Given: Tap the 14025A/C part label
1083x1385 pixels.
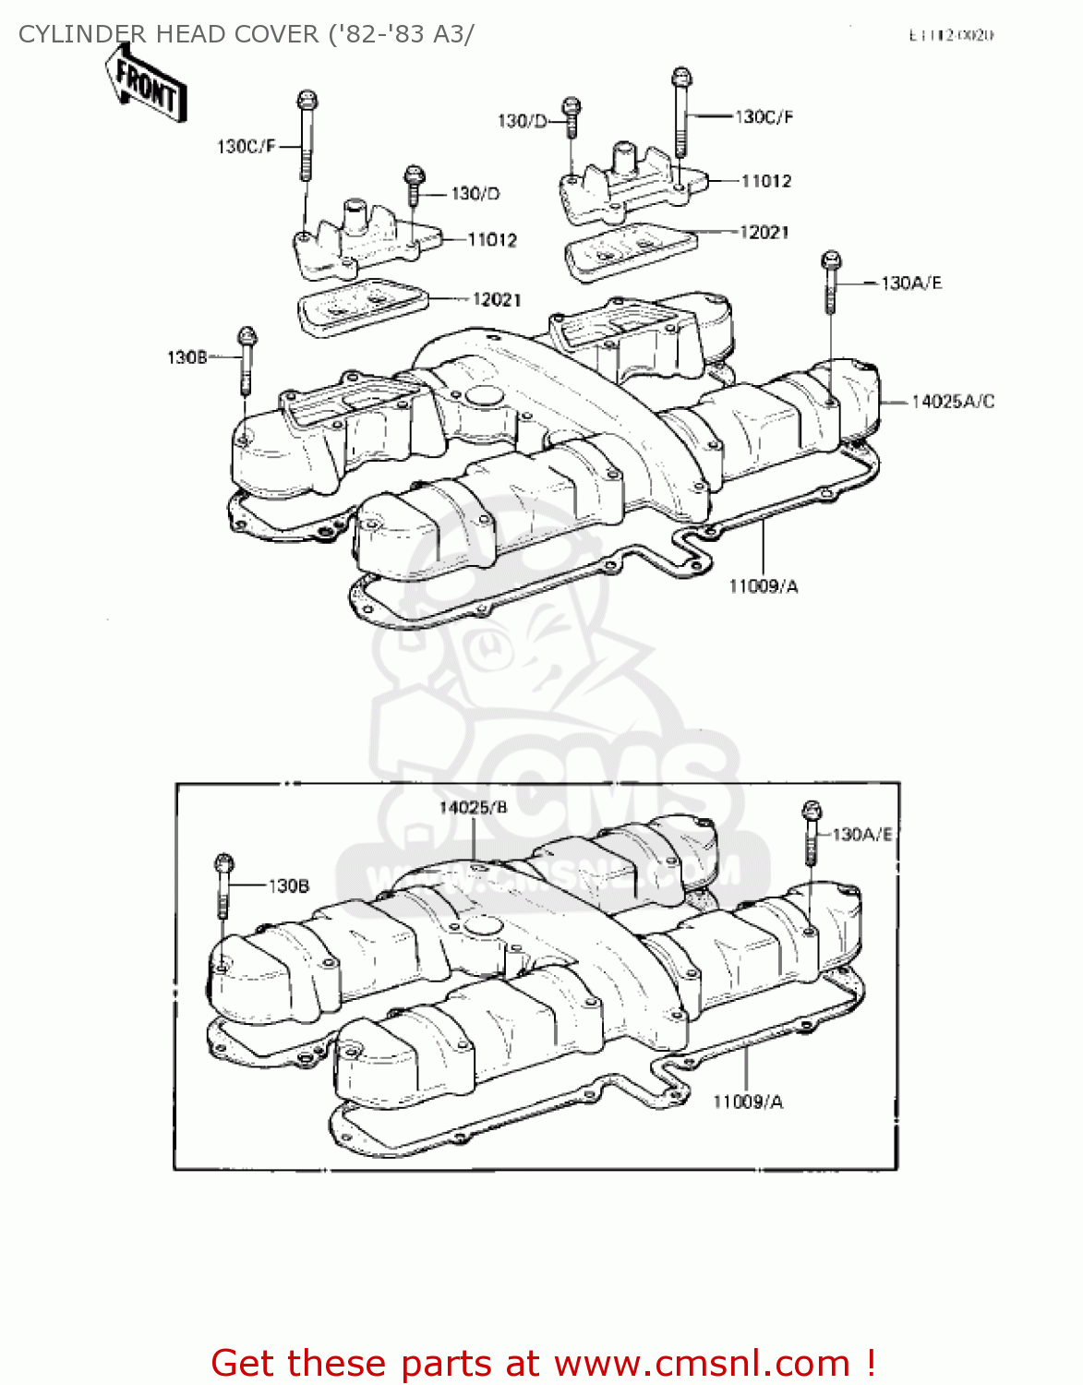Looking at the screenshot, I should [952, 402].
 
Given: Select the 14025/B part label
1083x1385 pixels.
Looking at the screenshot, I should [473, 808].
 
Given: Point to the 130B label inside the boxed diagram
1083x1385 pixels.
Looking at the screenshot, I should [288, 886].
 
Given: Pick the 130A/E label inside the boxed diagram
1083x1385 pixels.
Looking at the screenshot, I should [862, 835].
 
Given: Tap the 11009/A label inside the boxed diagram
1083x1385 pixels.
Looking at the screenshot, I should [747, 1102].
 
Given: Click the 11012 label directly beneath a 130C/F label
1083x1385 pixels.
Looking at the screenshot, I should [765, 181].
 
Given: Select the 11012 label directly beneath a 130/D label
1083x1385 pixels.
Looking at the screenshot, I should [492, 240].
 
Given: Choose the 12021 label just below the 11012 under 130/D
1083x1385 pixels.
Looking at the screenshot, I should [497, 300].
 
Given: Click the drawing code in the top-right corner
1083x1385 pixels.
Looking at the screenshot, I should [951, 36].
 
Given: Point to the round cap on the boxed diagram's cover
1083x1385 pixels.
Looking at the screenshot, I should [480, 924].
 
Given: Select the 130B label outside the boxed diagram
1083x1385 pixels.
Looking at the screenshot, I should [187, 357].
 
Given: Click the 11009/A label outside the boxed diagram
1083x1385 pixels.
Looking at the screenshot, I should [763, 586].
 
